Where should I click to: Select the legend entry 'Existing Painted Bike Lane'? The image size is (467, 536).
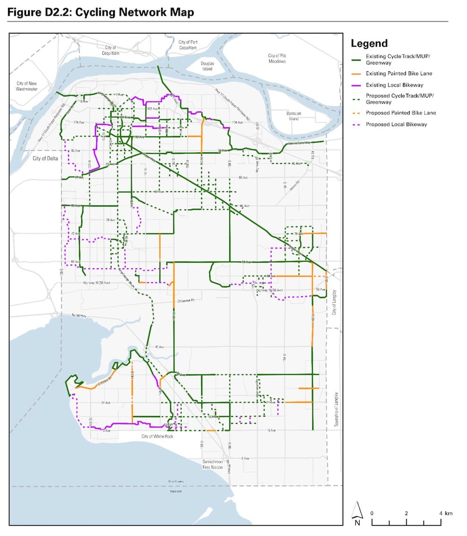click(399, 73)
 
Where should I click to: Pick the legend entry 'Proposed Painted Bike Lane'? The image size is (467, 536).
click(401, 113)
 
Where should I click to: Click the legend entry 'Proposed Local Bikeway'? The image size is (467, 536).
click(396, 124)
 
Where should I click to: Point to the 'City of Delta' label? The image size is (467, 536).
click(45, 158)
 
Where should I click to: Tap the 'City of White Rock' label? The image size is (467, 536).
click(157, 436)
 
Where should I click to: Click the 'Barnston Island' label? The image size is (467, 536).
click(294, 116)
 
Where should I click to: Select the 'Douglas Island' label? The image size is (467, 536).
click(207, 66)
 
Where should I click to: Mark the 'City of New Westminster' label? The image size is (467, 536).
click(30, 86)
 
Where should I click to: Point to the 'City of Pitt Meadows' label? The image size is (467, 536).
click(277, 58)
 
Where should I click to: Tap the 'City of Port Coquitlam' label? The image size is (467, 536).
click(188, 45)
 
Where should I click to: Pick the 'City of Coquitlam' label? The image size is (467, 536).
click(111, 51)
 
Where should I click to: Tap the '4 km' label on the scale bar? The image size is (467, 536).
click(445, 513)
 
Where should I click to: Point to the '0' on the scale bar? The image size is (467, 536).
click(372, 513)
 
